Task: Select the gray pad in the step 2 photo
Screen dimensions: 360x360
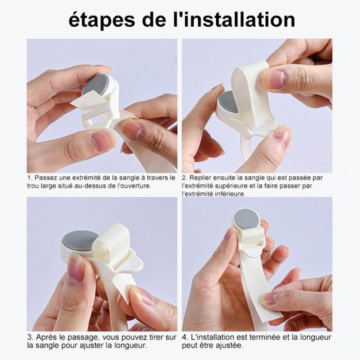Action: (x=229, y=101)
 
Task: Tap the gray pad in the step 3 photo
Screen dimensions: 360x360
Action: (x=80, y=240)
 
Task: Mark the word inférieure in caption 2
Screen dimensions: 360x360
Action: (x=228, y=193)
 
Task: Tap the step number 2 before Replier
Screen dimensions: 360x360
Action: (x=184, y=178)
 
